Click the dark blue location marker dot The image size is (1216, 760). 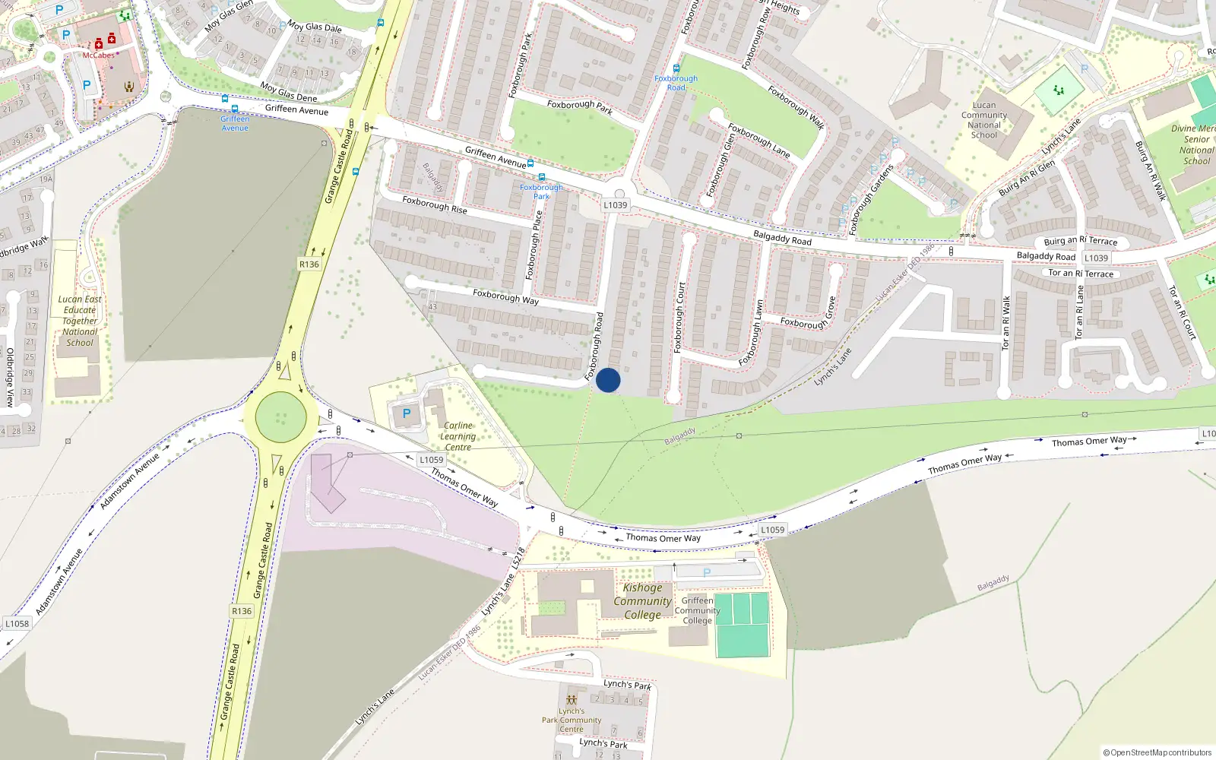click(x=608, y=380)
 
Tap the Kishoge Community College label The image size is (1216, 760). click(x=642, y=601)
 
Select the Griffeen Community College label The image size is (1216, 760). click(x=697, y=610)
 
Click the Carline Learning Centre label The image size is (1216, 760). click(x=458, y=436)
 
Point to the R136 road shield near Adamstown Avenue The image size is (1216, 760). click(x=242, y=611)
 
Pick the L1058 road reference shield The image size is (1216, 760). click(x=17, y=624)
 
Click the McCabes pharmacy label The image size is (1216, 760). click(x=99, y=55)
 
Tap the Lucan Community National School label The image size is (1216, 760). click(x=984, y=120)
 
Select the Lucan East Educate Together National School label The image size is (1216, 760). click(x=80, y=321)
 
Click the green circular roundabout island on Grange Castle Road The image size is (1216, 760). click(x=281, y=417)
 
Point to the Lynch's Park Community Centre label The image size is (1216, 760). click(x=572, y=720)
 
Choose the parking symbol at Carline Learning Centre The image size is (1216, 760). click(x=406, y=414)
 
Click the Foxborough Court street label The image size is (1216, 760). click(x=680, y=317)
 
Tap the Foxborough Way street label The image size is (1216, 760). click(x=505, y=296)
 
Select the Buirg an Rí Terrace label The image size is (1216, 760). click(x=1080, y=241)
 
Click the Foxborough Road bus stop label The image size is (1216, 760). click(x=676, y=83)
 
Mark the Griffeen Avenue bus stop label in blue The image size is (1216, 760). click(x=235, y=123)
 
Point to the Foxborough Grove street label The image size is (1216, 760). click(x=809, y=312)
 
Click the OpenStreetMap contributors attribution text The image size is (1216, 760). click(x=1157, y=752)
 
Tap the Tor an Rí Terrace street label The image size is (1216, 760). click(x=1081, y=274)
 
